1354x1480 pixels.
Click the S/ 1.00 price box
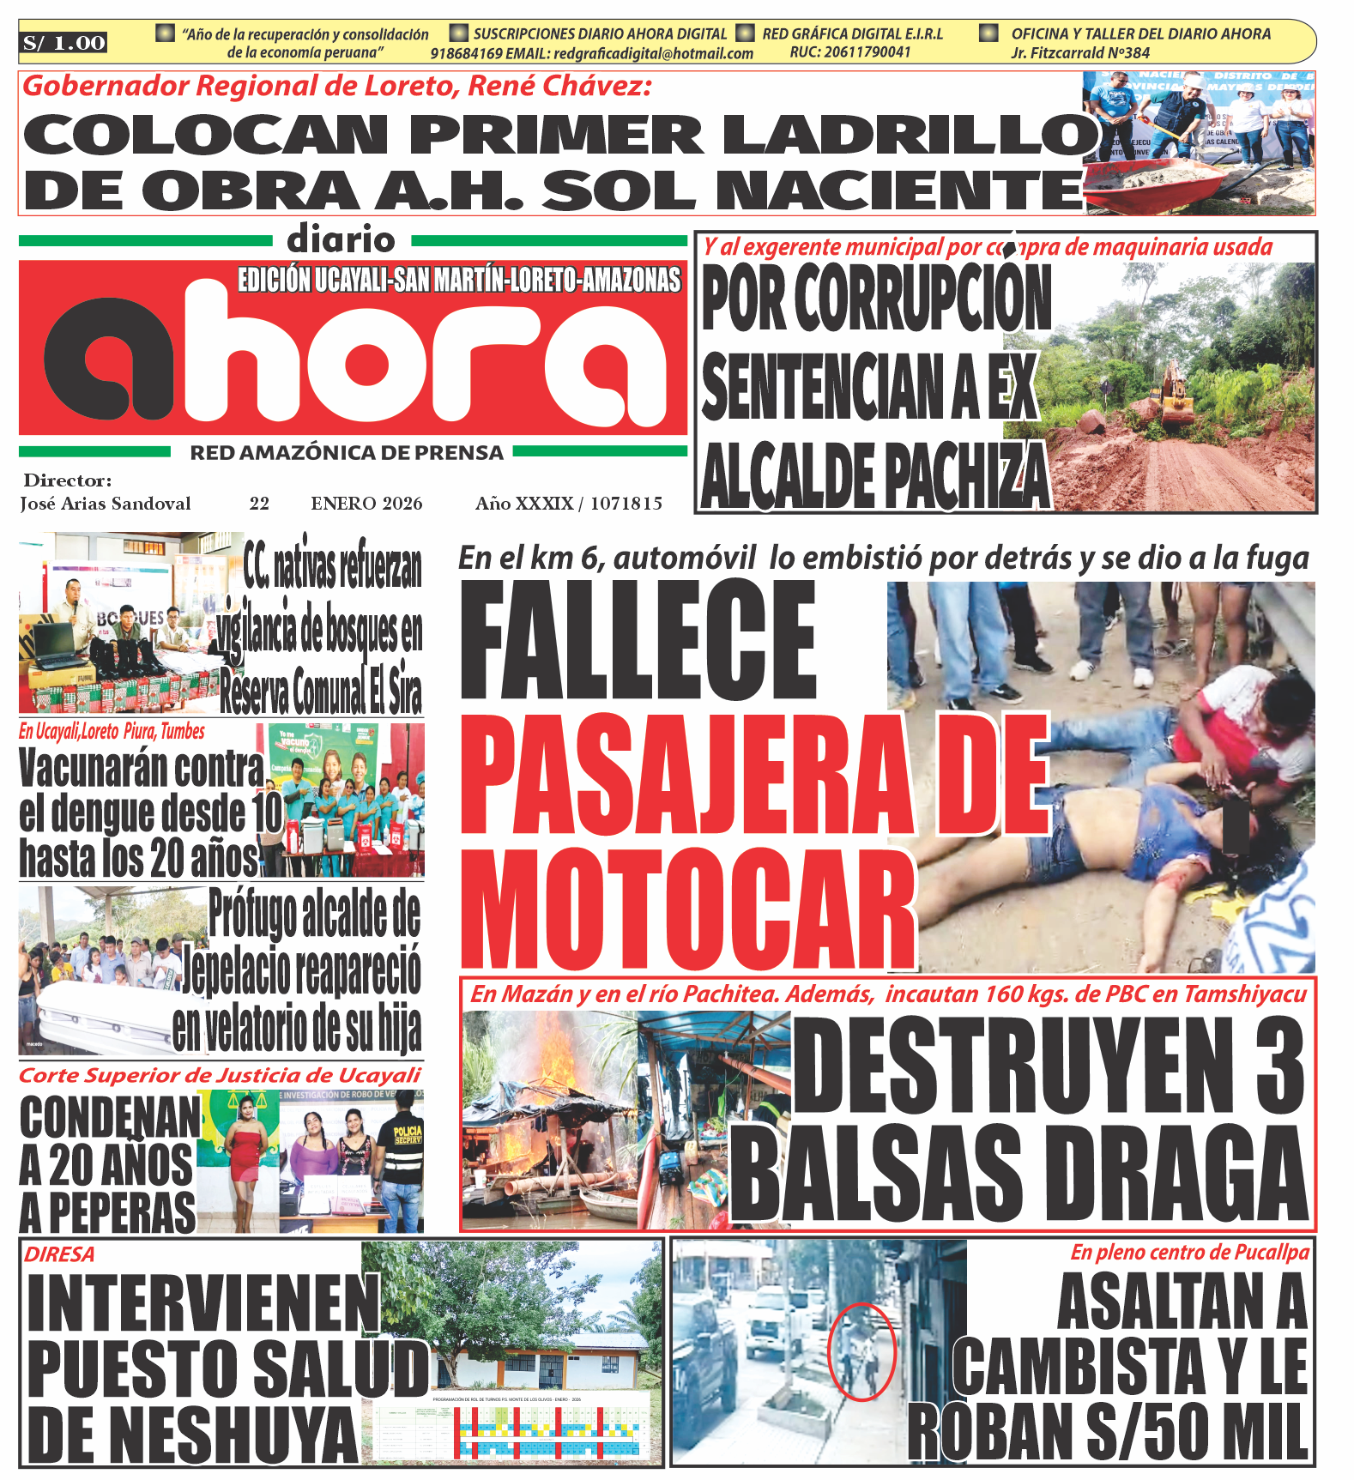point(64,43)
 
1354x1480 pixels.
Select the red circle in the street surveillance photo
point(861,1351)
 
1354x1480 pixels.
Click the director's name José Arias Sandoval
point(106,504)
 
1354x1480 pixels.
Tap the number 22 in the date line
point(259,504)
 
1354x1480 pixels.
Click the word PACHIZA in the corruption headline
point(966,477)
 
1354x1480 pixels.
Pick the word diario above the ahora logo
point(341,239)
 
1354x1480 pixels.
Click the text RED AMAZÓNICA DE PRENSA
point(347,452)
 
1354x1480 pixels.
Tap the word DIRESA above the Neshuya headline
point(59,1254)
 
